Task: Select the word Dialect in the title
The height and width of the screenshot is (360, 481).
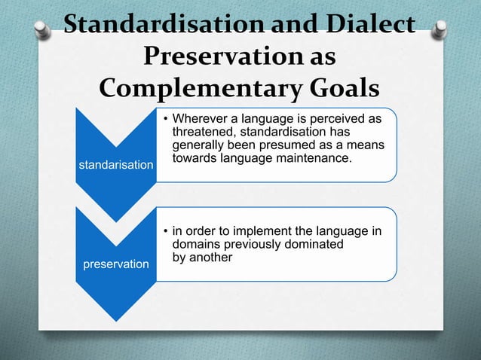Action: [x=371, y=25]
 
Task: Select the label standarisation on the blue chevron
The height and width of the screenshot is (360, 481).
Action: [x=117, y=165]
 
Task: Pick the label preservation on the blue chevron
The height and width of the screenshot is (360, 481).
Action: [x=117, y=264]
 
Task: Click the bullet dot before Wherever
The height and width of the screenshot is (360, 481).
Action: [x=165, y=120]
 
